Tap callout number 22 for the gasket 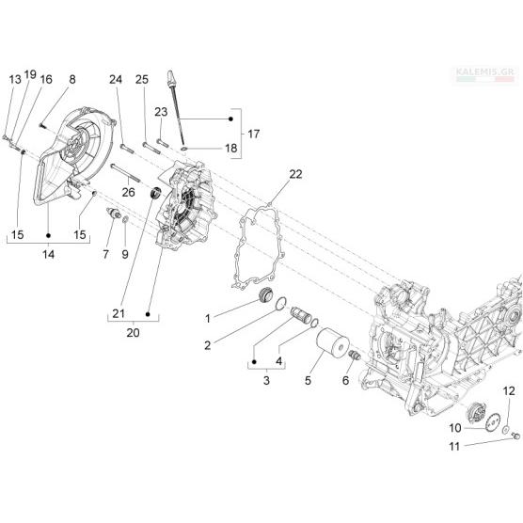point(295,174)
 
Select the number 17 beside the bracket point(253,135)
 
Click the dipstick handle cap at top point(172,78)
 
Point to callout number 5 point(308,380)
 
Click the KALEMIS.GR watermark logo point(485,75)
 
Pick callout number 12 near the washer point(509,391)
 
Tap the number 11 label point(454,446)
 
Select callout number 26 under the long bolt point(129,193)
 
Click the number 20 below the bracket point(133,333)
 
